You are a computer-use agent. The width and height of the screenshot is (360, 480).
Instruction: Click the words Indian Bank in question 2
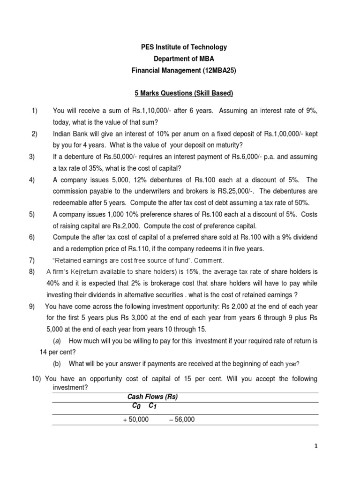70,134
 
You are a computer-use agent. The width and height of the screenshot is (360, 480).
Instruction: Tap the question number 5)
32,214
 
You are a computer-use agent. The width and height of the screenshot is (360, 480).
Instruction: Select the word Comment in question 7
210,260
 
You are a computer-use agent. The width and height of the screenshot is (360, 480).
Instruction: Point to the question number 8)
32,271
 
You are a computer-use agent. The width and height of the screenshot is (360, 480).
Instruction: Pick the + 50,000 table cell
135,420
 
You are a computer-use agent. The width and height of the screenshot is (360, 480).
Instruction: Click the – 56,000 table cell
181,420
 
